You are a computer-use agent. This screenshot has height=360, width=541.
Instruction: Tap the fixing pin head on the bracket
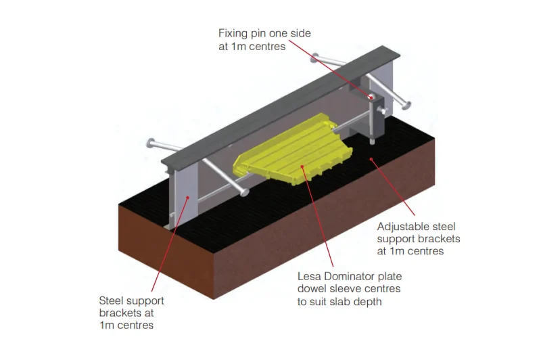pyautogui.click(x=371, y=97)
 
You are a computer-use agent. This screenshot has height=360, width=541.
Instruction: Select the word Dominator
pyautogui.click(x=350, y=277)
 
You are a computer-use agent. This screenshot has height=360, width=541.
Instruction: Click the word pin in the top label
pyautogui.click(x=263, y=33)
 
